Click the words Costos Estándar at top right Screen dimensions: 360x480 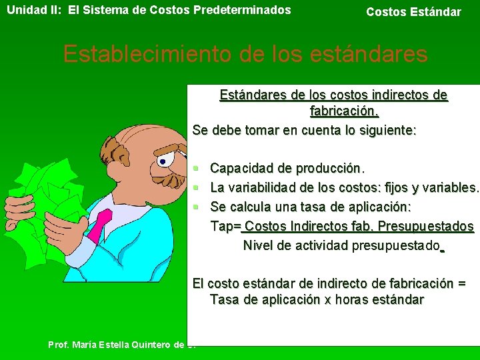click(413, 12)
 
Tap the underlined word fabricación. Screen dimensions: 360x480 click(345, 110)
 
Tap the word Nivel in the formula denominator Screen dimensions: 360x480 click(258, 245)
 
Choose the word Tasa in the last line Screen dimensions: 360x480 click(225, 300)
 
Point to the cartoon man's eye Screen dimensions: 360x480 click(163, 160)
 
